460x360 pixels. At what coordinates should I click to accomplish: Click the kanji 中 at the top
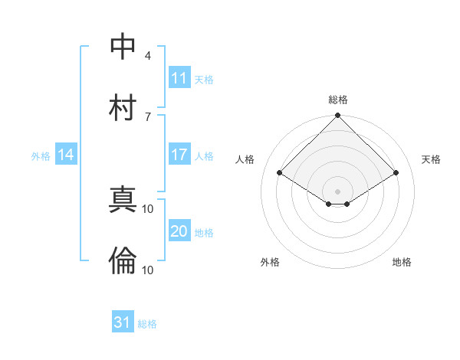pyautogui.click(x=123, y=47)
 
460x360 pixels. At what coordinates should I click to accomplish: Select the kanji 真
pyautogui.click(x=123, y=201)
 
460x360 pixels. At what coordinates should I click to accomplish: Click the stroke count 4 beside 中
pyautogui.click(x=148, y=55)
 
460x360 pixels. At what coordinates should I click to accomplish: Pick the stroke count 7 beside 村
pyautogui.click(x=148, y=116)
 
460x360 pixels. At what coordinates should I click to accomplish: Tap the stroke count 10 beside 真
pyautogui.click(x=148, y=208)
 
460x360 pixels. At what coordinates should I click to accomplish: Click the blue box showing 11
pyautogui.click(x=179, y=78)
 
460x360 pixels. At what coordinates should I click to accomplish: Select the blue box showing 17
pyautogui.click(x=179, y=155)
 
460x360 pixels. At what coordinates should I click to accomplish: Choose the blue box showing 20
pyautogui.click(x=179, y=232)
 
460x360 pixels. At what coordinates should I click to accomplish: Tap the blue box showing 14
pyautogui.click(x=66, y=155)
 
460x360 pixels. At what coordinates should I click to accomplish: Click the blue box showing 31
pyautogui.click(x=123, y=322)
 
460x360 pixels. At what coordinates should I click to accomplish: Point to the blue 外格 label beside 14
pyautogui.click(x=41, y=156)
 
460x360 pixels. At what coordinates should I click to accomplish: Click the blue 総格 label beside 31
pyautogui.click(x=147, y=324)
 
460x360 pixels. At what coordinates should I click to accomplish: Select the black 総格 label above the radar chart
pyautogui.click(x=338, y=100)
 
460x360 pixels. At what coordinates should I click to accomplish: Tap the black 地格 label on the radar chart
pyautogui.click(x=402, y=262)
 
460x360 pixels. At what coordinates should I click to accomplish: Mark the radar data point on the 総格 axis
pyautogui.click(x=338, y=116)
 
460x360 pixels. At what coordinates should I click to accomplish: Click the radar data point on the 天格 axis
pyautogui.click(x=396, y=173)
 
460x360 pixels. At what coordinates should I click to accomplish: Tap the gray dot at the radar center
pyautogui.click(x=338, y=191)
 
